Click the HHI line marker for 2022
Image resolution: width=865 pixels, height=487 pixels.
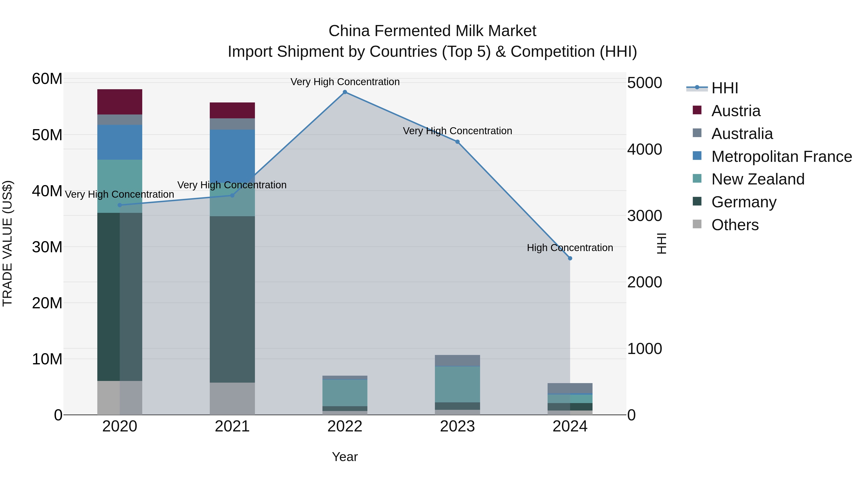point(345,92)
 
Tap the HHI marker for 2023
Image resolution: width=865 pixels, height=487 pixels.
point(457,142)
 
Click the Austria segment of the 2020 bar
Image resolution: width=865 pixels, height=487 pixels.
point(120,102)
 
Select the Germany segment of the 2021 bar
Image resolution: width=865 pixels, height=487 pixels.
point(232,299)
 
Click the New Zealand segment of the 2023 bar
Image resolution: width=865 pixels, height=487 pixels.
point(457,384)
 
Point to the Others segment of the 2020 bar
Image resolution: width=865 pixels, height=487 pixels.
point(120,398)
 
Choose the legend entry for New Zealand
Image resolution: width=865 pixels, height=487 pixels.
point(758,179)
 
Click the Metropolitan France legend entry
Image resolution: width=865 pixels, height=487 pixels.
point(781,157)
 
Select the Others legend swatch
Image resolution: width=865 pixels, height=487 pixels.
point(697,224)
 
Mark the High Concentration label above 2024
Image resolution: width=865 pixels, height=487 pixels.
point(570,248)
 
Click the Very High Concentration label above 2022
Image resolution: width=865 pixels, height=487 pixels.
point(345,82)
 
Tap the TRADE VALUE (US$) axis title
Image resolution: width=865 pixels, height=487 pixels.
point(7,243)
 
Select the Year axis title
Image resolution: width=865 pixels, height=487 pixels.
point(345,457)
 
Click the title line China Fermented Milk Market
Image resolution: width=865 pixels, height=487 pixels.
point(432,31)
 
